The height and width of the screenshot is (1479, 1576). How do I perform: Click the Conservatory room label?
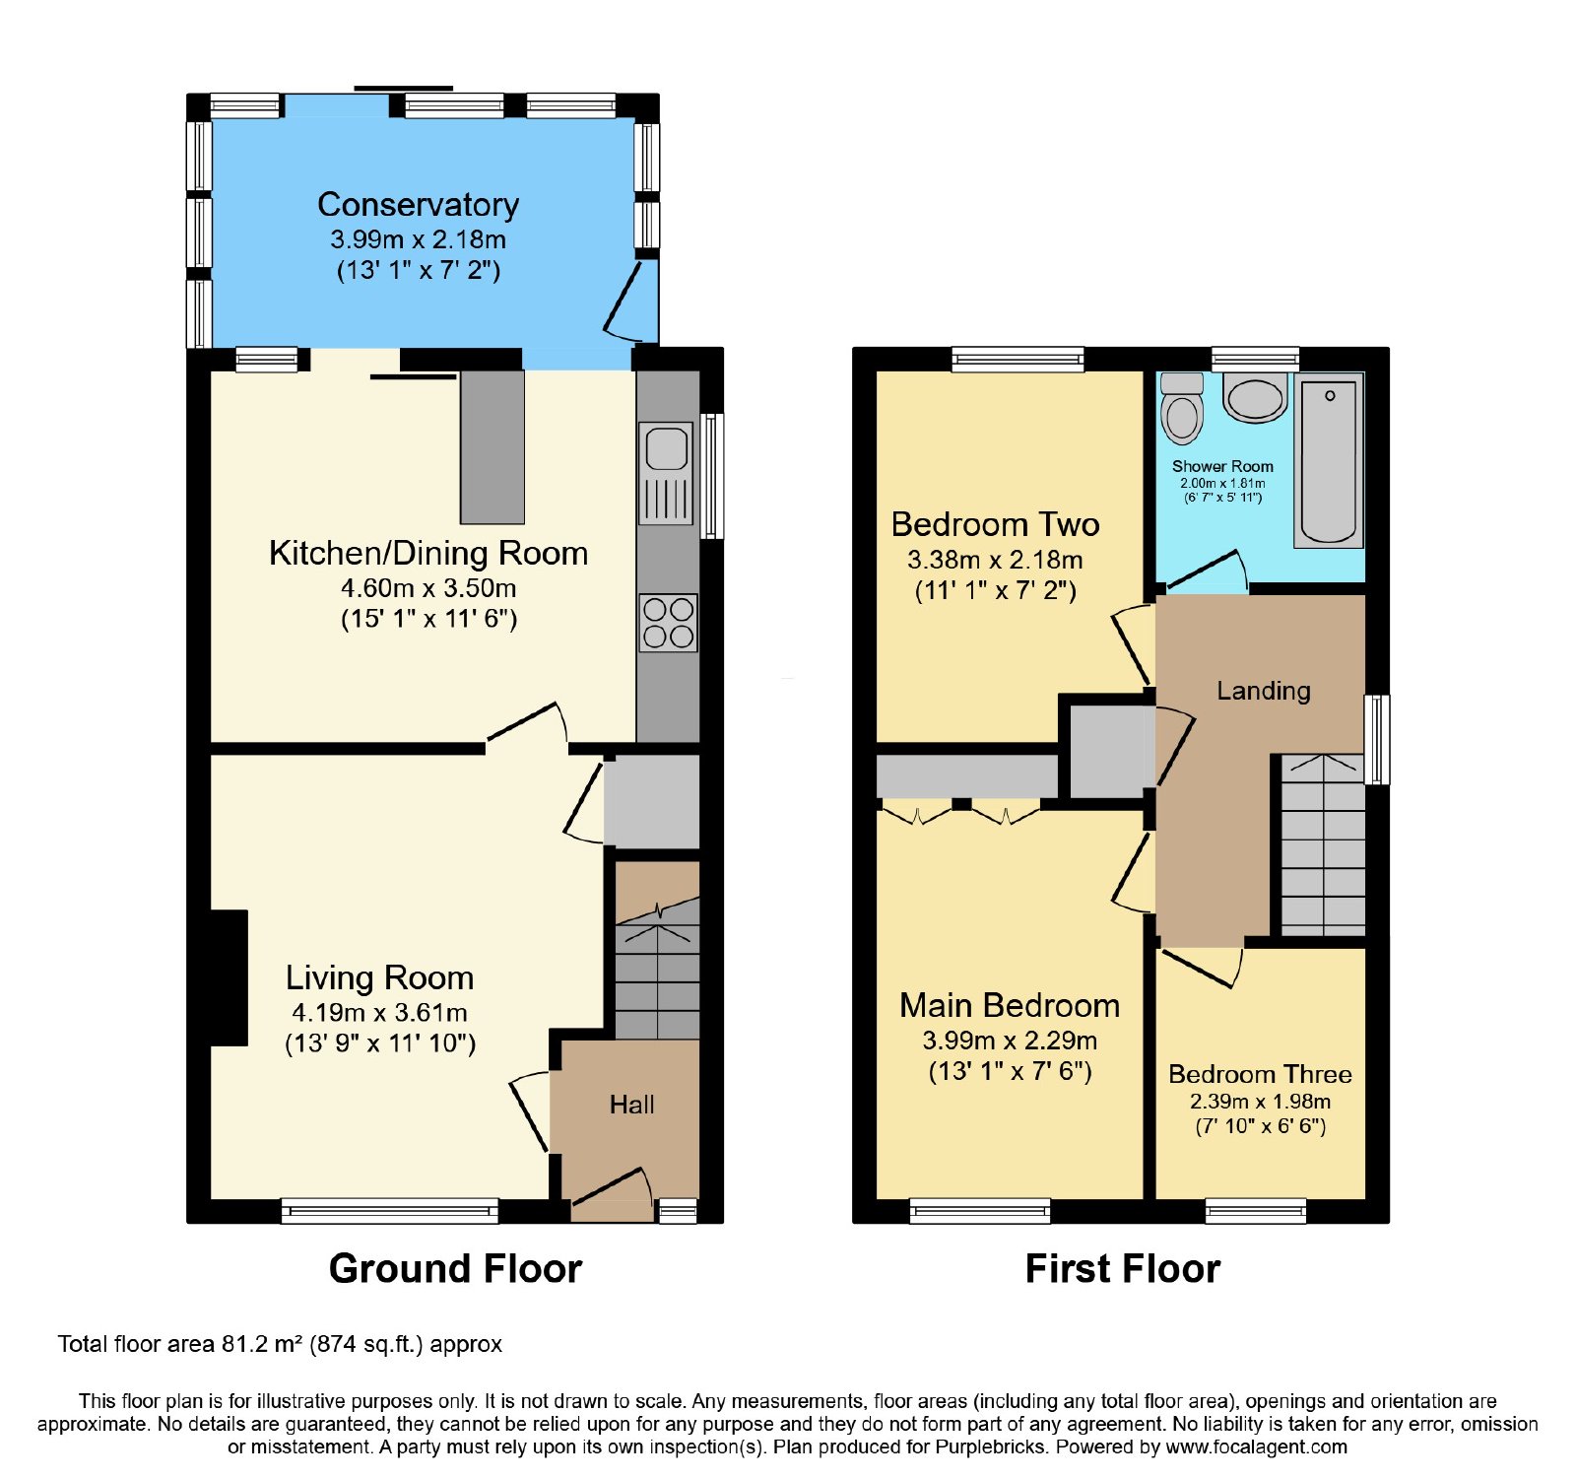[x=418, y=204]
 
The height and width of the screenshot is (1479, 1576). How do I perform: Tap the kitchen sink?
[x=667, y=473]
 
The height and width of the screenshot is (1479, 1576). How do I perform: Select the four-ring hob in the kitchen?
[x=669, y=623]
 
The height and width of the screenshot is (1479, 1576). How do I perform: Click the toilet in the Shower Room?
[x=1182, y=408]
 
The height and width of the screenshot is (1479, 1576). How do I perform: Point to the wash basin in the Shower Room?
[x=1255, y=397]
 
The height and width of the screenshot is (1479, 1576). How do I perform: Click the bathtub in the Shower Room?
[x=1329, y=461]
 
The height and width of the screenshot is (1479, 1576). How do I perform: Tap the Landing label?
[x=1264, y=691]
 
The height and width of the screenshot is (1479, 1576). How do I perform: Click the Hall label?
[x=631, y=1105]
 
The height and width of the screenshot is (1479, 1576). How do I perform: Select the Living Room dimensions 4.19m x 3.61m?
[x=379, y=1012]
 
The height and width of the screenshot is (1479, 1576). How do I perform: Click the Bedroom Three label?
[x=1260, y=1074]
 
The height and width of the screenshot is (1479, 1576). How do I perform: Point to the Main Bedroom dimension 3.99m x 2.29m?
[x=1010, y=1040]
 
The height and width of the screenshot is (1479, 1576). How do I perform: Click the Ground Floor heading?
[x=455, y=1268]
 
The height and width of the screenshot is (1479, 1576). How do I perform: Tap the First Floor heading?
[x=1123, y=1268]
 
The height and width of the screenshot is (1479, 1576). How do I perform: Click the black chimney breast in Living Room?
[x=229, y=977]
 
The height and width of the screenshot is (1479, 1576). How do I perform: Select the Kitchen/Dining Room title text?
[x=428, y=553]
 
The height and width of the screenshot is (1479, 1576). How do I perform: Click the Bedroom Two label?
[x=995, y=524]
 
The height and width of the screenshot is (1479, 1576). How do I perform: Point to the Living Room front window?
[x=390, y=1210]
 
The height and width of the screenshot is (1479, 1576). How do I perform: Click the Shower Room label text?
[x=1222, y=466]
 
